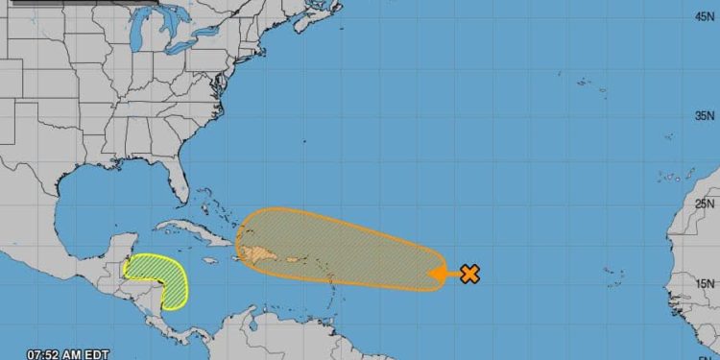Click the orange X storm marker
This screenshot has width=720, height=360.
pyautogui.click(x=469, y=274)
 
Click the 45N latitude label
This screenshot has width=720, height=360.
pyautogui.click(x=705, y=15)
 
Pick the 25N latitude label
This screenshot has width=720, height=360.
pyautogui.click(x=705, y=203)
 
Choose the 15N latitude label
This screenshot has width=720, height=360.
pyautogui.click(x=705, y=283)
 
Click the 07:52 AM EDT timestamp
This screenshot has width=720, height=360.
pyautogui.click(x=67, y=352)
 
